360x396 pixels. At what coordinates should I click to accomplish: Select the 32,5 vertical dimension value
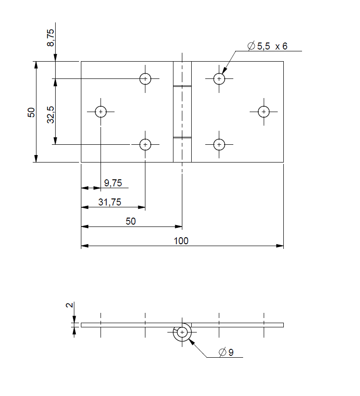(x=50, y=114)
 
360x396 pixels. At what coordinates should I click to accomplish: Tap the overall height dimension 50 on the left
(x=31, y=112)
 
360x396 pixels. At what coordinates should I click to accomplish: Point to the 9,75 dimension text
(x=113, y=183)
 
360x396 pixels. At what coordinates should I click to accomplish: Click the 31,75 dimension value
(x=110, y=202)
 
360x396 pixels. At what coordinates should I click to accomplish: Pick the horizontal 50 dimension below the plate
(x=131, y=221)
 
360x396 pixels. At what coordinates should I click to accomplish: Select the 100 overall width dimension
(x=181, y=240)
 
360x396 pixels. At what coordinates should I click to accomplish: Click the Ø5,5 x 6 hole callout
(x=267, y=46)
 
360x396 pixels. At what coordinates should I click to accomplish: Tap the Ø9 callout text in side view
(x=226, y=352)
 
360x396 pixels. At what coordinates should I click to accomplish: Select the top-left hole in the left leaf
(x=145, y=79)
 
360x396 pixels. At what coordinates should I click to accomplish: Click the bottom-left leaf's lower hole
(x=145, y=145)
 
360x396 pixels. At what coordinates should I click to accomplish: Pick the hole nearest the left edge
(x=101, y=112)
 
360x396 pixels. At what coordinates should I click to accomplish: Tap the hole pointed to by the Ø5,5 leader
(x=219, y=79)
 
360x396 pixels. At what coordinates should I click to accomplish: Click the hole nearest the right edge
(x=264, y=112)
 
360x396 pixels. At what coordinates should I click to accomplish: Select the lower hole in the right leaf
(x=219, y=145)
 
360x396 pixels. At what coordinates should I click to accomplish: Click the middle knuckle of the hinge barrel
(x=182, y=112)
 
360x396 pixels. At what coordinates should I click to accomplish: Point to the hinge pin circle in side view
(x=182, y=332)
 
